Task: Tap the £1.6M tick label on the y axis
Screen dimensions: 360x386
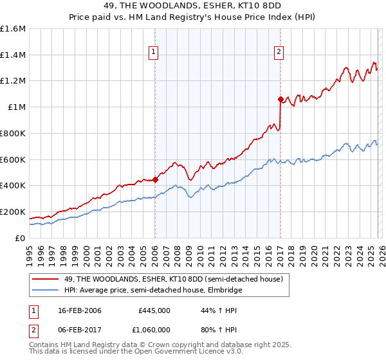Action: (x=13, y=29)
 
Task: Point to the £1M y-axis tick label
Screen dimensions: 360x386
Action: (x=17, y=107)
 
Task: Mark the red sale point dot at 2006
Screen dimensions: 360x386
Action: (x=156, y=180)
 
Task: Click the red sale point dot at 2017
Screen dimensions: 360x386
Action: (x=280, y=99)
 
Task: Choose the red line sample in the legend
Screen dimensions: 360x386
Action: (x=46, y=279)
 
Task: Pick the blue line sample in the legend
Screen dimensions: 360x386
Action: (x=46, y=290)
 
